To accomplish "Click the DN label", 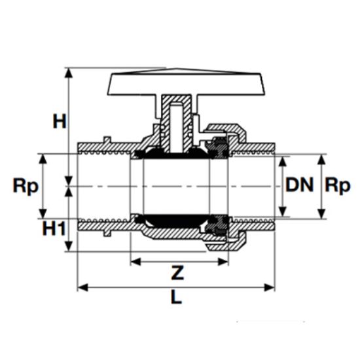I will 300,185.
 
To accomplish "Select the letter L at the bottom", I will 175,297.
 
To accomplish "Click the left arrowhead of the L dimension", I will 81,286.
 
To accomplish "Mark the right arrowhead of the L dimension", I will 271,286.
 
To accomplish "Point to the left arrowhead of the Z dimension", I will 134,261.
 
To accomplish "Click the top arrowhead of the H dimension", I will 69,71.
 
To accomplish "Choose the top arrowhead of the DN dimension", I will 283,158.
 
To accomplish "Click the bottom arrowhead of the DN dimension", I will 283,214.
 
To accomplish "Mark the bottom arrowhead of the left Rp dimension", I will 43,215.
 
